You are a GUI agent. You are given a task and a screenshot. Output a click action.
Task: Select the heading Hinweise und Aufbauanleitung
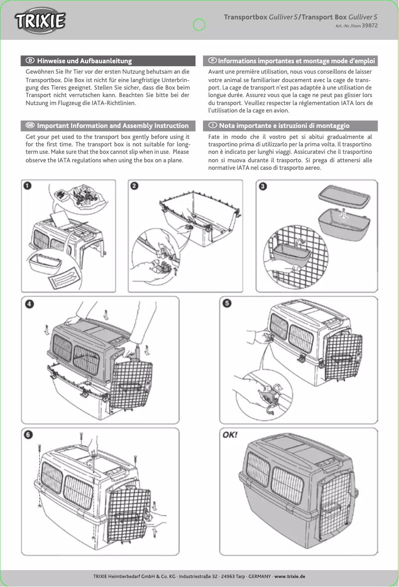pos(84,61)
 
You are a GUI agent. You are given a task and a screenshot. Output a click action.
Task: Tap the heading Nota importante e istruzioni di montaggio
pos(284,125)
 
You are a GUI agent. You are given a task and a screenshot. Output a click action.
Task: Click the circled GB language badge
pos(30,125)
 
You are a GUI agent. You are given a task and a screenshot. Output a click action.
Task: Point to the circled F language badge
pos(212,61)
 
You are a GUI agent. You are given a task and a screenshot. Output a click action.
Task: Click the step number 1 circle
pos(29,186)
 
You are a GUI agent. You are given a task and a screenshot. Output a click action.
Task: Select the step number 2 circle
pos(134,186)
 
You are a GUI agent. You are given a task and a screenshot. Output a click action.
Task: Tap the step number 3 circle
pos(263,186)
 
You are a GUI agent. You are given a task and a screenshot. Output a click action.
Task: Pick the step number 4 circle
pos(30,304)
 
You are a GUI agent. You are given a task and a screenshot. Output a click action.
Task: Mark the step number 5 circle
pos(227,304)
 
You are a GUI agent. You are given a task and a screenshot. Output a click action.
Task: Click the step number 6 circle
pos(30,435)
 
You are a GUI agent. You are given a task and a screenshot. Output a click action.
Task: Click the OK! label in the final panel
pos(230,434)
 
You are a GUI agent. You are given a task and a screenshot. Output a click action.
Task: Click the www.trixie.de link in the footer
pos(290,576)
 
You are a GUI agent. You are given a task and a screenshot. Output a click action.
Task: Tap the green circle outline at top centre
pos(199,24)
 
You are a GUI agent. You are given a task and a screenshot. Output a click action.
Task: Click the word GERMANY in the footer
pos(259,576)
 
